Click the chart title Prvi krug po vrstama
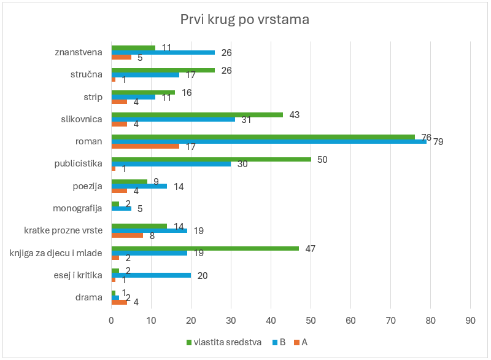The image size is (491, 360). coord(244,20)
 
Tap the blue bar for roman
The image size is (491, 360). coord(268,142)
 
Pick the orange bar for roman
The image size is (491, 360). coord(145,146)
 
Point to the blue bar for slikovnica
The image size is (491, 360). coord(172,119)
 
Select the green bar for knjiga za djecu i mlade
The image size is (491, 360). coord(204,248)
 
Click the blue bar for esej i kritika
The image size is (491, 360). coord(150,275)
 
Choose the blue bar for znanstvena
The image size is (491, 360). coord(163,52)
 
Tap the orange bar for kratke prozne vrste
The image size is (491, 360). coord(127,235)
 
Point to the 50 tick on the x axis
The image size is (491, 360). coord(311,321)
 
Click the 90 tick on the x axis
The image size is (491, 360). coord(470,321)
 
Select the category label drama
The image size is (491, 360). coord(89,297)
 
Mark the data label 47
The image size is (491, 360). coord(311,248)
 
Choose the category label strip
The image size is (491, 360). coord(93,96)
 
